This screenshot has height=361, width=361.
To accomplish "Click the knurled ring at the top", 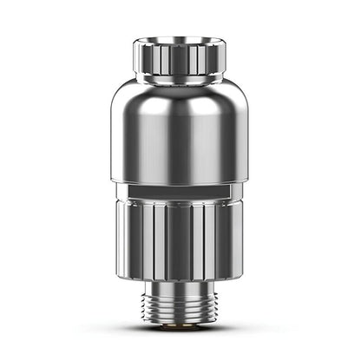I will click(180, 61).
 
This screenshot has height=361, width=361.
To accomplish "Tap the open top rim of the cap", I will click(180, 40).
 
